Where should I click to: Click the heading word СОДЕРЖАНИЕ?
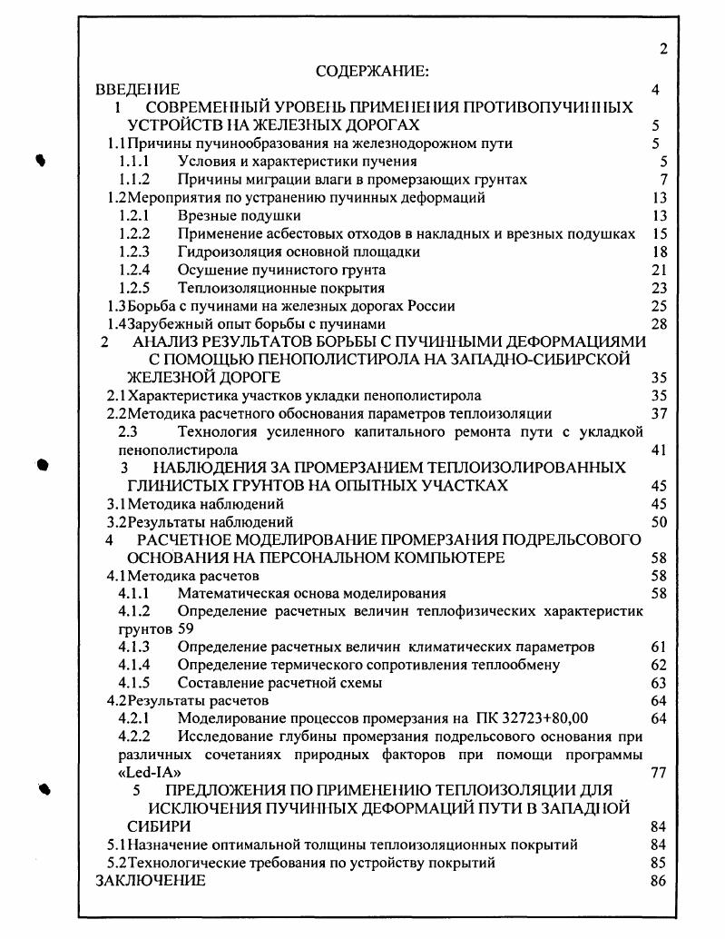(371, 71)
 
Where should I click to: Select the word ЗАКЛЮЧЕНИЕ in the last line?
(151, 880)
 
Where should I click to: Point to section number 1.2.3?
(134, 252)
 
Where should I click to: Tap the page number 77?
(660, 773)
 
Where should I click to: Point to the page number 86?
(660, 880)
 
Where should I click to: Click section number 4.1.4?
(134, 665)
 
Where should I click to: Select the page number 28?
(660, 324)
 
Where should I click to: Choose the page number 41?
(660, 450)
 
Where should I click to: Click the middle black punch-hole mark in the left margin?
(41, 464)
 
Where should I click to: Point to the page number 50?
(660, 522)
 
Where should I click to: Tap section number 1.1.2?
(134, 180)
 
